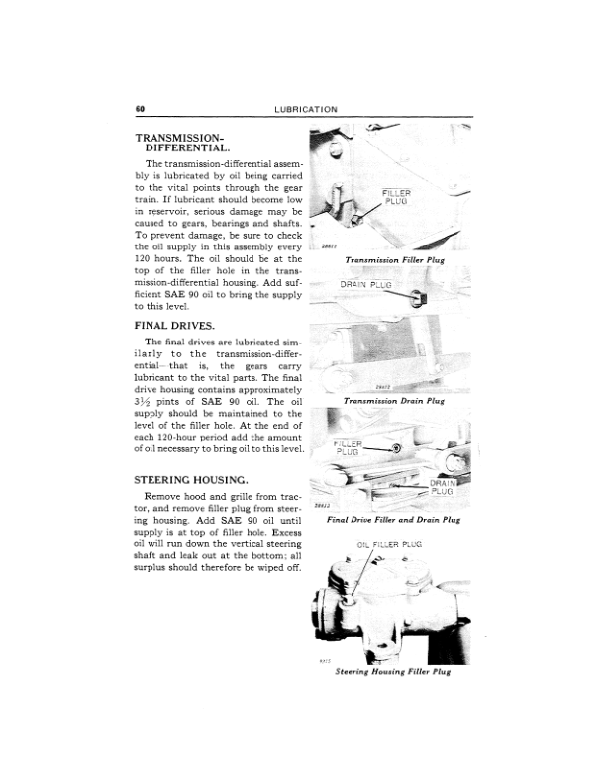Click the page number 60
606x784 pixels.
click(141, 108)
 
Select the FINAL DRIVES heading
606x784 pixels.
click(174, 324)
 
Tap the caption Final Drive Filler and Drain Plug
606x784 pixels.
click(393, 518)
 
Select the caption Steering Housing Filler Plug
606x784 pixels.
click(393, 671)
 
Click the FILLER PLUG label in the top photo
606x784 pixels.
click(403, 196)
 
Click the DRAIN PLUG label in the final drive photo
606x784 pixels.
click(442, 487)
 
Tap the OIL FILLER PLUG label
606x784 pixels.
click(389, 544)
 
